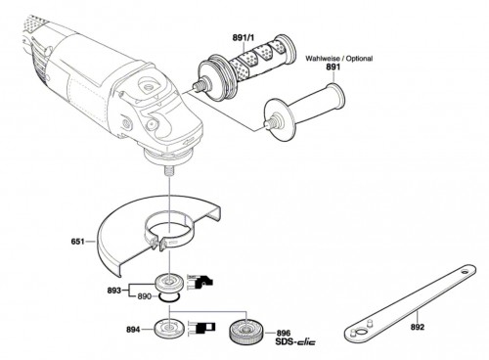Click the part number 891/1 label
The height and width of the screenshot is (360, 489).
243,37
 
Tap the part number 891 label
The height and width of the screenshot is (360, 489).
333,67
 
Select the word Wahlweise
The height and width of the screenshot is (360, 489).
322,59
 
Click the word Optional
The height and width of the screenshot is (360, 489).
359,59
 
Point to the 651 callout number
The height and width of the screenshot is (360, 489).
77,242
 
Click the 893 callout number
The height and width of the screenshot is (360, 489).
114,290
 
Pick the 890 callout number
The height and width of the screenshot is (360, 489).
144,296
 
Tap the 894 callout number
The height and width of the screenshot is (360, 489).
133,330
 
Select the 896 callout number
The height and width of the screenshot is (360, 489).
284,334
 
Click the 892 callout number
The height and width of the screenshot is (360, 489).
418,327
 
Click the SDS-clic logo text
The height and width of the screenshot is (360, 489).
295,342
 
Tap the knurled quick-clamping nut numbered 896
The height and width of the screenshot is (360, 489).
246,332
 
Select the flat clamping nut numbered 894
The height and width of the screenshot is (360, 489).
169,328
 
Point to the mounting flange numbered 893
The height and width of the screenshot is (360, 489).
169,283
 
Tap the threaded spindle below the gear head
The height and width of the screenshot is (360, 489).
169,171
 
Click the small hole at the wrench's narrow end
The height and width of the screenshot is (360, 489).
465,271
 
